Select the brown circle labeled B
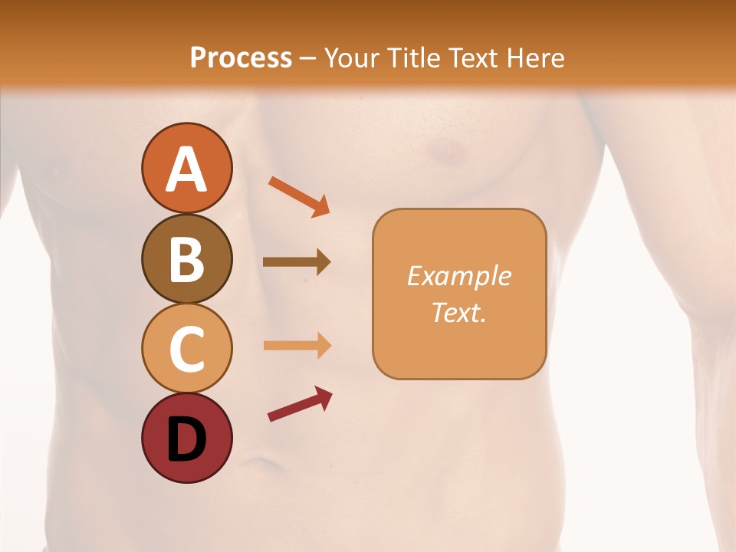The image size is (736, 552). [186, 259]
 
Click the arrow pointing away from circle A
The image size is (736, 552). [299, 196]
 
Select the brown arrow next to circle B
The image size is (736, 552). [297, 262]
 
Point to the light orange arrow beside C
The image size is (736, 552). [297, 346]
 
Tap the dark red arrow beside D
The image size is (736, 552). [300, 404]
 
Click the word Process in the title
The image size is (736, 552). [241, 58]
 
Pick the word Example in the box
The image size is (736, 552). [459, 276]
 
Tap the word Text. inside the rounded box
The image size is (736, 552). [459, 312]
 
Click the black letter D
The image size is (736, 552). [186, 439]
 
